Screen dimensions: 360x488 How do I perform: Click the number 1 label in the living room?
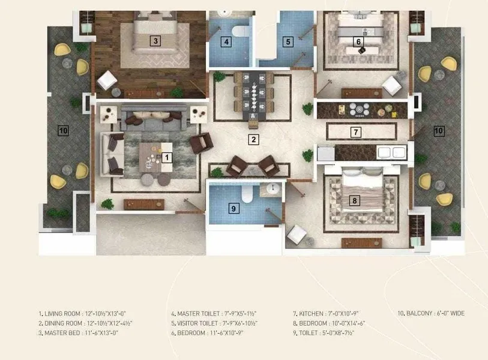click(x=167, y=157)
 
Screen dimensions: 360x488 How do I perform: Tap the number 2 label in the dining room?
click(x=254, y=140)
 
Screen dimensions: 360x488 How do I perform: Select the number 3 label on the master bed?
click(x=155, y=41)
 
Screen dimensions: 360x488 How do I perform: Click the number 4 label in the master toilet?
click(x=226, y=42)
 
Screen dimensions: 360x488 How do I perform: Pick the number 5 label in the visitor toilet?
click(x=288, y=42)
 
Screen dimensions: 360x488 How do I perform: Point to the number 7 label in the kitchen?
click(x=355, y=131)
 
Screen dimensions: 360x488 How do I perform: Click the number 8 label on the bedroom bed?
click(x=355, y=201)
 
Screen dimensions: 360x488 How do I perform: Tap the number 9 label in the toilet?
click(x=234, y=209)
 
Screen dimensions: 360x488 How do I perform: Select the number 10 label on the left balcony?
click(x=63, y=130)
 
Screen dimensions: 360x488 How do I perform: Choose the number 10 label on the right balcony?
click(x=439, y=130)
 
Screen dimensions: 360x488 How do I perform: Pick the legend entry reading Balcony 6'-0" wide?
click(x=430, y=313)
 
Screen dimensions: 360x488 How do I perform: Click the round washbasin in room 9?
click(x=273, y=189)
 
